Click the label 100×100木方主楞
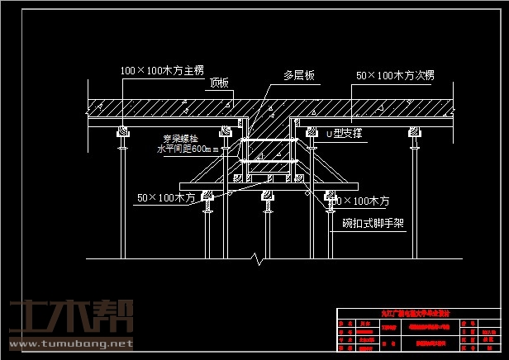162,72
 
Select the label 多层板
299,75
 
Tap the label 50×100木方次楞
395,75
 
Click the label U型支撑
345,133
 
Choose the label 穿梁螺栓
181,139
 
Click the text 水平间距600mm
188,149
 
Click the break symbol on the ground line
261,259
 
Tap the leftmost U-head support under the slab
122,133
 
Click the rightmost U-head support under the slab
411,133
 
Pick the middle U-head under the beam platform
267,197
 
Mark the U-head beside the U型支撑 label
312,133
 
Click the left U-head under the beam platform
207,197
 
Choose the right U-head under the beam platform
328,197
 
